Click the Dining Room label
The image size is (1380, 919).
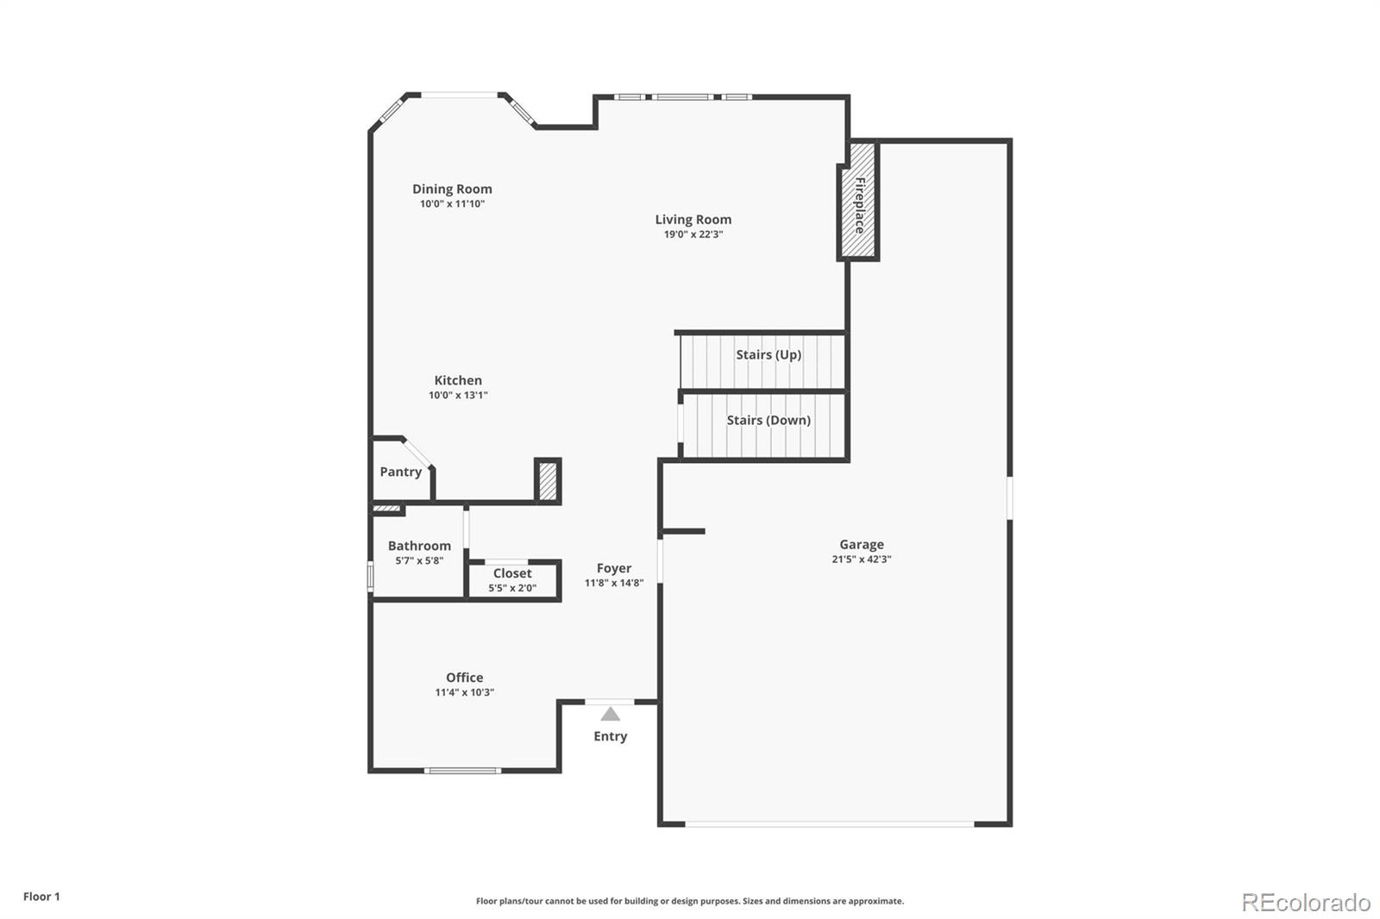452,189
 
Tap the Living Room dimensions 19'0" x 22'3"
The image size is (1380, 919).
693,234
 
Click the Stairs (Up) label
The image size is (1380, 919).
768,354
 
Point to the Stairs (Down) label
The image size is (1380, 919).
768,420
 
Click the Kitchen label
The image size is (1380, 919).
458,380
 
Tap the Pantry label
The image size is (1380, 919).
401,472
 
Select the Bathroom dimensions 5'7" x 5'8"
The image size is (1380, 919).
419,560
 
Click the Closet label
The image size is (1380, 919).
512,573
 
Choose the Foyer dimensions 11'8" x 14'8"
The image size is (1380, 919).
614,583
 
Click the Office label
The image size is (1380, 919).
464,678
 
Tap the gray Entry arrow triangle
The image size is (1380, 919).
611,714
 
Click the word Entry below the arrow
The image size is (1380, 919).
610,736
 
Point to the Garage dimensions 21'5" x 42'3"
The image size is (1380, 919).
862,560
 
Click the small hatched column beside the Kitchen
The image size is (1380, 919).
548,481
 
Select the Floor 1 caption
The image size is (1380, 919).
41,897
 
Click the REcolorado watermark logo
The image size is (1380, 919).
1306,902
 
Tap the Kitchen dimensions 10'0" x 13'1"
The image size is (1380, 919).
458,396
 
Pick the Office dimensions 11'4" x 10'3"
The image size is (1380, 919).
464,692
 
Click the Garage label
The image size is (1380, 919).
862,544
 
